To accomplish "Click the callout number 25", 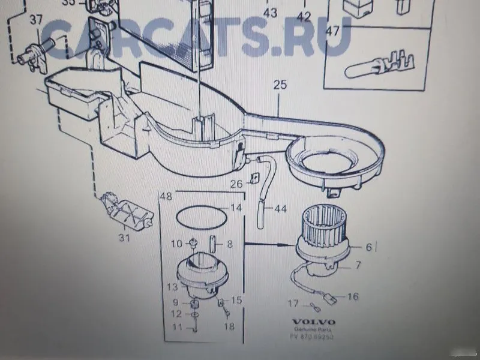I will tap(280, 85).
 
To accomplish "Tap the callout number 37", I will tap(36, 19).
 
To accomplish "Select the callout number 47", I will tap(332, 32).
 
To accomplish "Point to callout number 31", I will tap(124, 238).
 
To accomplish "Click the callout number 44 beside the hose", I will tap(281, 209).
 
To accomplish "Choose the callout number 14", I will tap(236, 208).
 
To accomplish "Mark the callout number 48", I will tap(166, 197).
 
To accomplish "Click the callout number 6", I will tap(368, 247).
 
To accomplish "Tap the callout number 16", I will tap(352, 296).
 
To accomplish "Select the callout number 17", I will tap(293, 304).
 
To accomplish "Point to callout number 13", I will tap(173, 287).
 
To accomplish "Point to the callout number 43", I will tap(271, 12).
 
